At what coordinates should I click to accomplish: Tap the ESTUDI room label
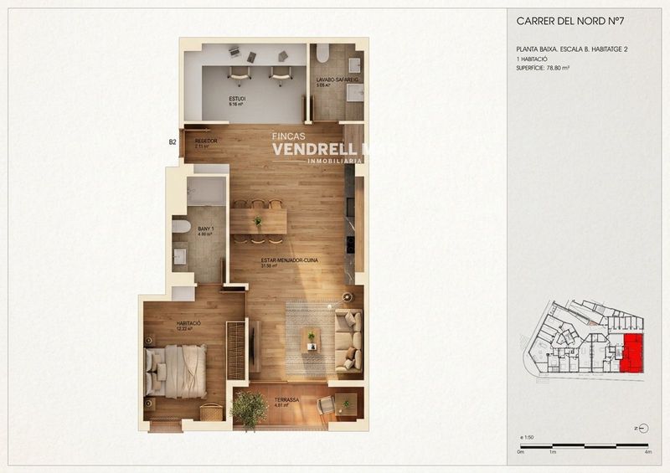pyautogui.click(x=237, y=100)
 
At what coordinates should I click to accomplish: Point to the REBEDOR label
pyautogui.click(x=205, y=141)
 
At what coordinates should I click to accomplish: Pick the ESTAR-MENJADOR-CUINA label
pyautogui.click(x=281, y=262)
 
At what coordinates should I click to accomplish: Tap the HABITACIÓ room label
pyautogui.click(x=188, y=324)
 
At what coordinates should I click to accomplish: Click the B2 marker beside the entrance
pyautogui.click(x=173, y=143)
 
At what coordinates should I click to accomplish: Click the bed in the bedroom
pyautogui.click(x=176, y=369)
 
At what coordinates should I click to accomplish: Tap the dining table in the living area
pyautogui.click(x=258, y=221)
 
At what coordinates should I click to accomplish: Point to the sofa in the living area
pyautogui.click(x=349, y=341)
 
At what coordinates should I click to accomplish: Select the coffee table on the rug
pyautogui.click(x=312, y=338)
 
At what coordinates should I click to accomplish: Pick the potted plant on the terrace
pyautogui.click(x=249, y=409)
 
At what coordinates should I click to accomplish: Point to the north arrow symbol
pyautogui.click(x=641, y=428)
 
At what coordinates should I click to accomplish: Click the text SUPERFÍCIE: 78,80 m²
pyautogui.click(x=546, y=68)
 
